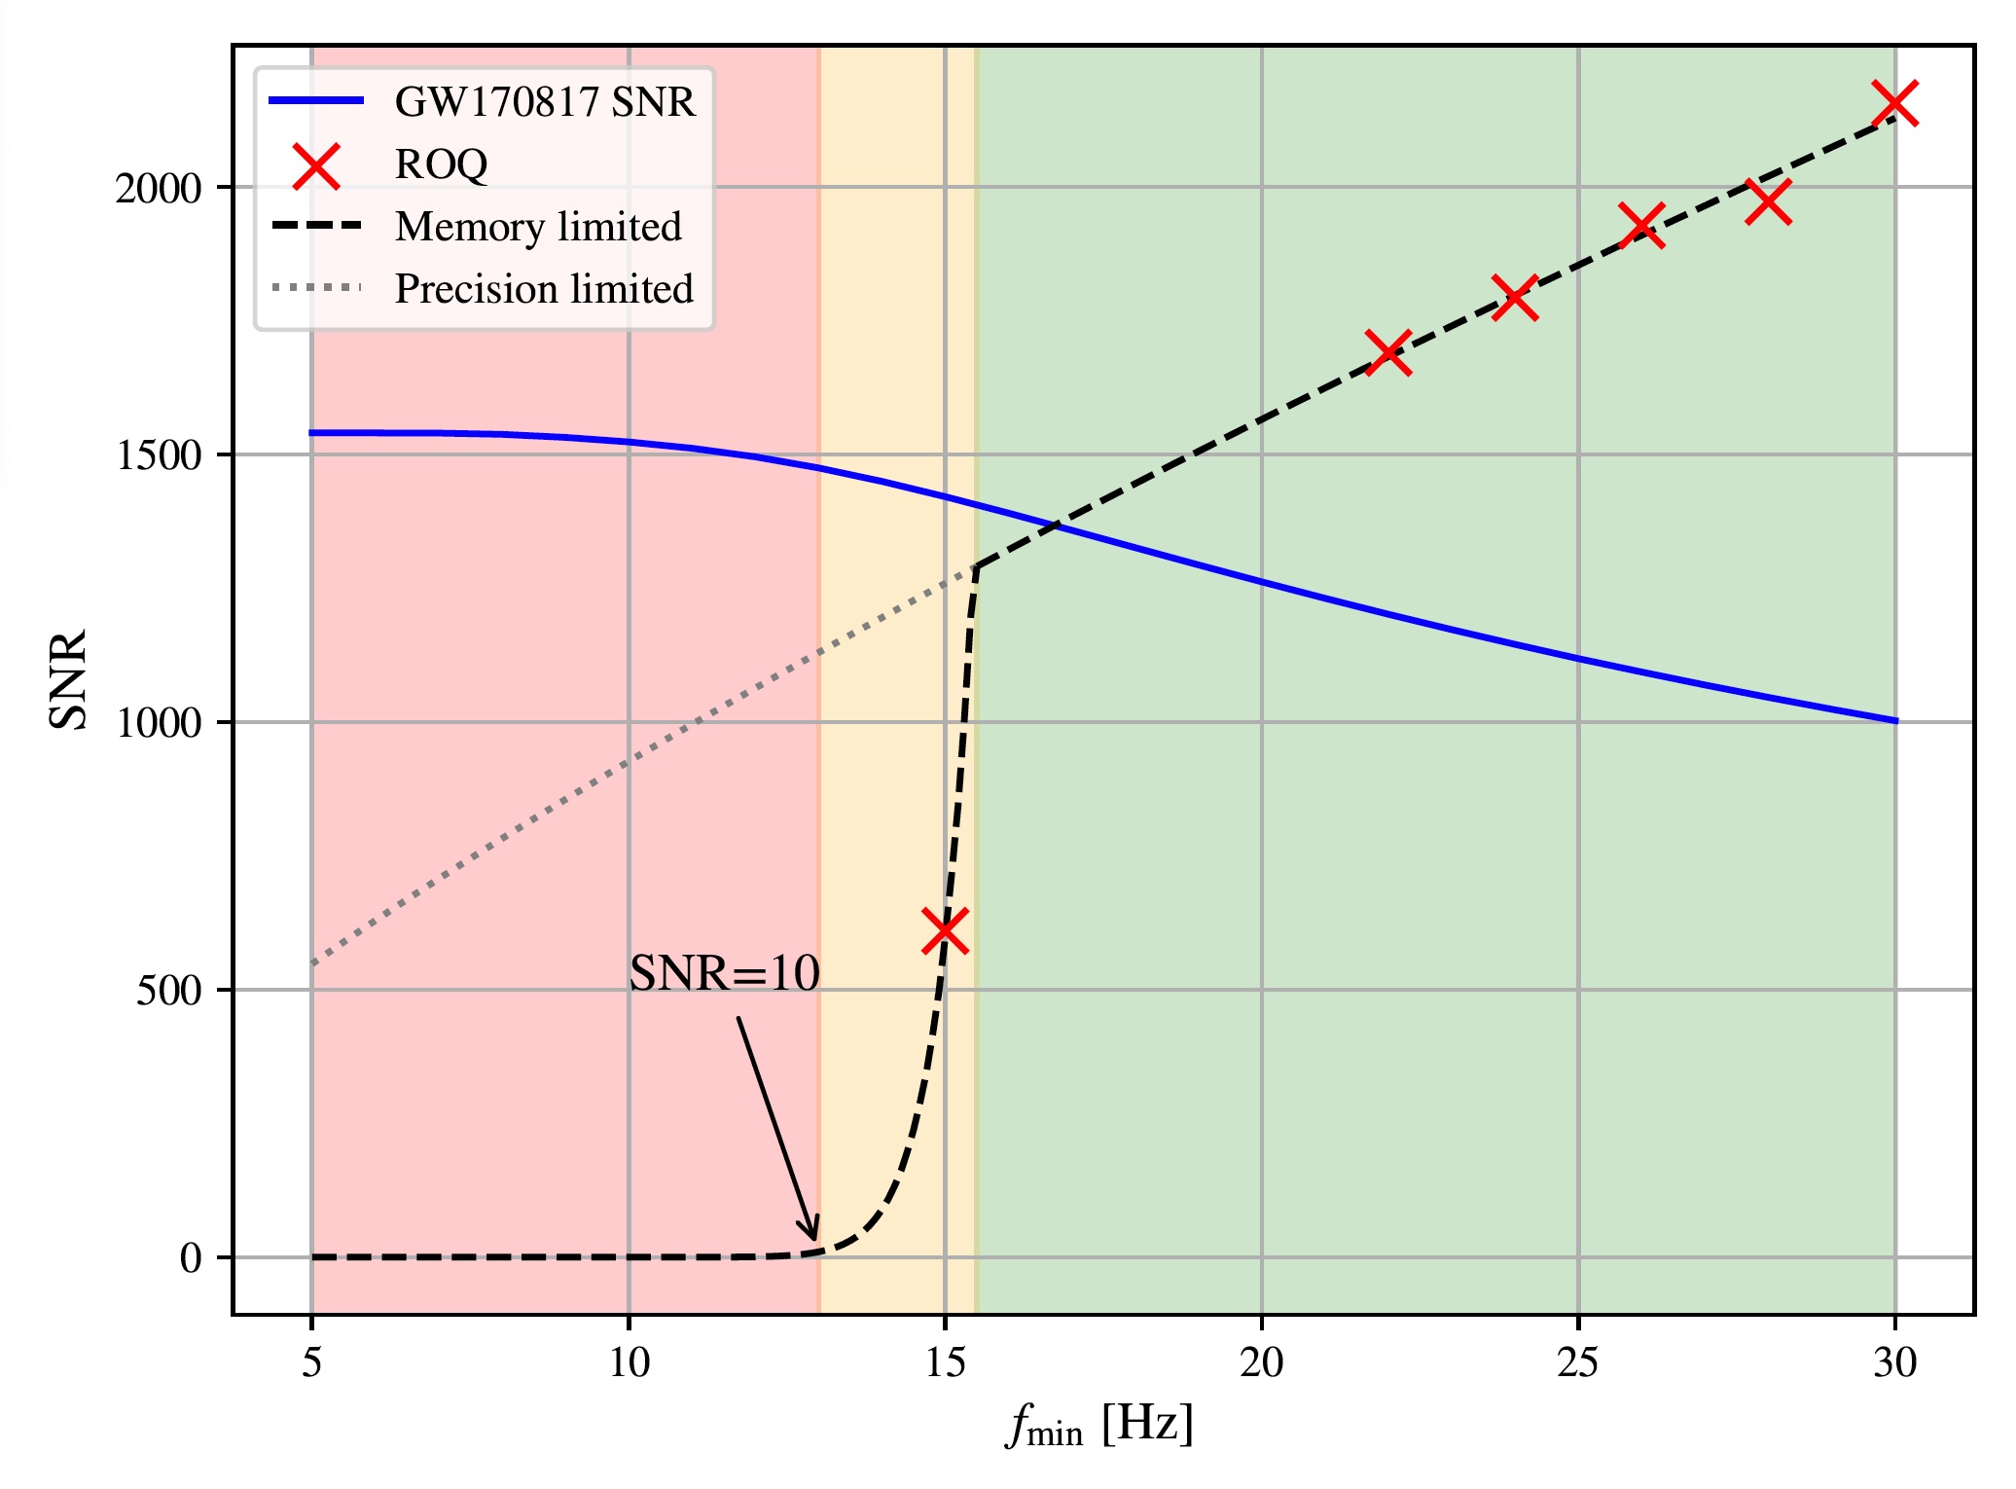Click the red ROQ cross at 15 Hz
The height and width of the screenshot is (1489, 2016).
(x=945, y=930)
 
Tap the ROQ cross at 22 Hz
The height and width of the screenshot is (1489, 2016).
(x=1388, y=352)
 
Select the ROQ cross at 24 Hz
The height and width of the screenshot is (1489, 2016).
(x=1515, y=297)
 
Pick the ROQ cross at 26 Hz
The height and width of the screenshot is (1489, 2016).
(x=1641, y=226)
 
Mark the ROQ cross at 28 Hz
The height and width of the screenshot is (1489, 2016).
(x=1768, y=202)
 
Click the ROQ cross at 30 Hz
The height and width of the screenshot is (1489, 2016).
(x=1895, y=103)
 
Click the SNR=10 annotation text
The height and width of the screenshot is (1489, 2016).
(x=725, y=973)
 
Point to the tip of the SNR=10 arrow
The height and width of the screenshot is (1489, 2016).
(x=814, y=1240)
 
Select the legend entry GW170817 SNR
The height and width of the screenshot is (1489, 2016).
(x=545, y=101)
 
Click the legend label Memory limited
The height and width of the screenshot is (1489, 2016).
(x=538, y=227)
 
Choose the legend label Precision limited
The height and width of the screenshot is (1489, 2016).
(x=544, y=289)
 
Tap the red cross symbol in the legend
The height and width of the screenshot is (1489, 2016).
(x=316, y=164)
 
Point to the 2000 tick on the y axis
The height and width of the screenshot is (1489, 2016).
(x=158, y=188)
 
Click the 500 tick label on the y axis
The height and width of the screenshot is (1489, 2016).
(x=167, y=991)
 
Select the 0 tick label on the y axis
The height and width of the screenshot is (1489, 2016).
(x=191, y=1258)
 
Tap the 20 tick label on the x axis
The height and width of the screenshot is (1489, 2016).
(x=1262, y=1363)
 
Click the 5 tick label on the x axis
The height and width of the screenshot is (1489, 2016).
(x=311, y=1363)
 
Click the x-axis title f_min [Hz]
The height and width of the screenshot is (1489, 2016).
(x=1099, y=1426)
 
